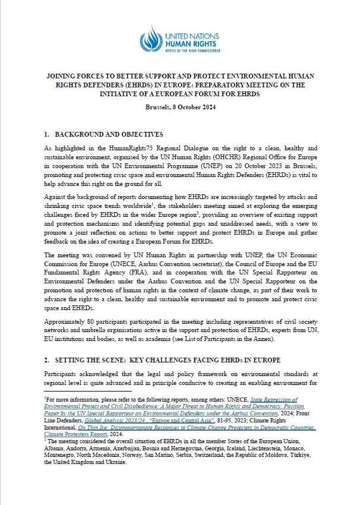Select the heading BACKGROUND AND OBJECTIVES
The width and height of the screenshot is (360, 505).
coord(109,134)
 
